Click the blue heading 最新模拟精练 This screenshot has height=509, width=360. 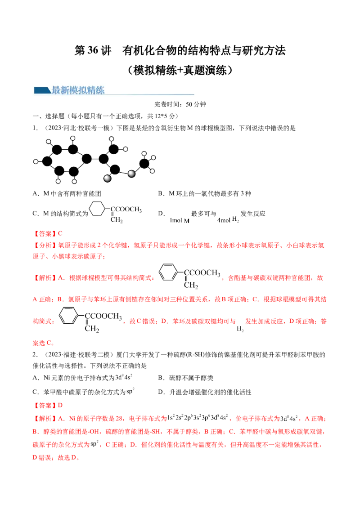[x=78, y=90]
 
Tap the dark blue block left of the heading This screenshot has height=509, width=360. [x=42, y=90]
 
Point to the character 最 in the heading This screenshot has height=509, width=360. [x=56, y=90]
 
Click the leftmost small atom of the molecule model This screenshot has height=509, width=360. [x=36, y=161]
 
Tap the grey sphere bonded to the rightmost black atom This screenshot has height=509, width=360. [x=131, y=174]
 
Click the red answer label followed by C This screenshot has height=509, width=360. [x=45, y=234]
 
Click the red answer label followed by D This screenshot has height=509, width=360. [x=45, y=405]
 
